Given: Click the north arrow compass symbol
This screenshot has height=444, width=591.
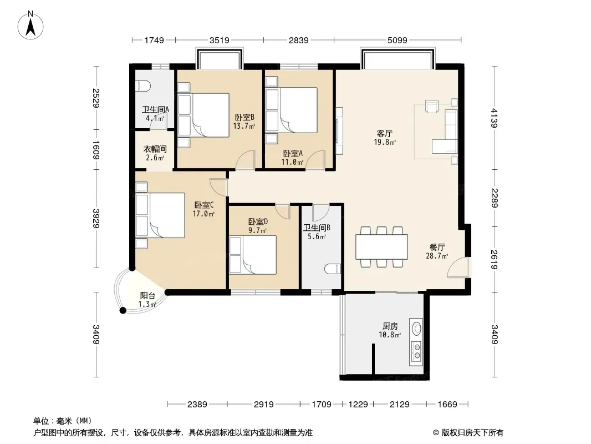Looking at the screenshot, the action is click(x=30, y=26).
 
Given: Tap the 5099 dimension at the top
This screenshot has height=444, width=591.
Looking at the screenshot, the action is click(x=398, y=40).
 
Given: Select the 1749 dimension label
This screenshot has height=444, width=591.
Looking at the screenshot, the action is click(x=154, y=40).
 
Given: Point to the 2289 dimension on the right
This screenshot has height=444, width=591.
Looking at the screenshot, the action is click(x=495, y=198).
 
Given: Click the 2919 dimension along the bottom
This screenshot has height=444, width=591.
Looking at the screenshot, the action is click(x=263, y=405).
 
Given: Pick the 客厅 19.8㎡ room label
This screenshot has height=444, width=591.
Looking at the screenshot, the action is click(x=384, y=138).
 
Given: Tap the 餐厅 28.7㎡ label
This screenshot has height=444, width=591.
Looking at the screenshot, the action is click(x=437, y=251).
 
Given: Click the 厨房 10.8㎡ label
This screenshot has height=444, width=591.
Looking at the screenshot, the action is click(x=390, y=330).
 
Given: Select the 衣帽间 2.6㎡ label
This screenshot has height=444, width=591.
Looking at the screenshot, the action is click(x=155, y=153).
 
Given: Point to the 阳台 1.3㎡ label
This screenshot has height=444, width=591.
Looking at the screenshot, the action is click(x=147, y=300).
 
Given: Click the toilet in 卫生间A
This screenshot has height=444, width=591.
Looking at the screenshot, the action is click(x=142, y=87).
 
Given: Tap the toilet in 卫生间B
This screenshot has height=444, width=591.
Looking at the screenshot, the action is click(x=333, y=269).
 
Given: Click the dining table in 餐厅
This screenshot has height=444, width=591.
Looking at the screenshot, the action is click(x=382, y=247).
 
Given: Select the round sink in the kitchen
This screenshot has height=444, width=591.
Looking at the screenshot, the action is click(x=416, y=328).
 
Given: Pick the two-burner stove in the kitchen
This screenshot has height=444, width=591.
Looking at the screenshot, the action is click(x=416, y=351).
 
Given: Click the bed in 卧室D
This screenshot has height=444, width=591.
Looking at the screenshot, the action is click(x=253, y=255).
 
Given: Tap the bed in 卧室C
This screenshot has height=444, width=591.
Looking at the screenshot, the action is click(x=160, y=215).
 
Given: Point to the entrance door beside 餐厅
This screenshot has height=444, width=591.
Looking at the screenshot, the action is click(x=457, y=268).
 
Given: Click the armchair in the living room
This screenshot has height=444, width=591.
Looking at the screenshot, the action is click(x=432, y=106).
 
